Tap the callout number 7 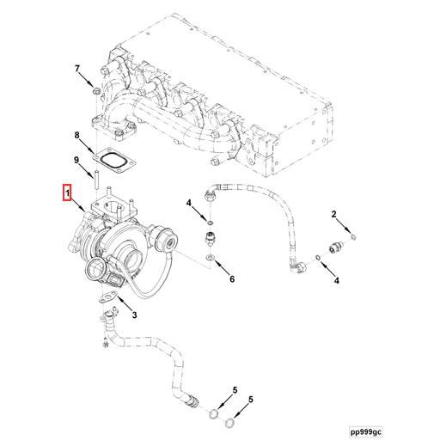pyautogui.click(x=76, y=69)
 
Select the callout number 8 pyautogui.click(x=76, y=136)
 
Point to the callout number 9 pyautogui.click(x=76, y=161)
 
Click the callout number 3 pyautogui.click(x=134, y=316)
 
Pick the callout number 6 pyautogui.click(x=231, y=279)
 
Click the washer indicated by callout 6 pyautogui.click(x=210, y=256)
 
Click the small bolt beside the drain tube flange pyautogui.click(x=104, y=347)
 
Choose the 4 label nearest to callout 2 pyautogui.click(x=336, y=280)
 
